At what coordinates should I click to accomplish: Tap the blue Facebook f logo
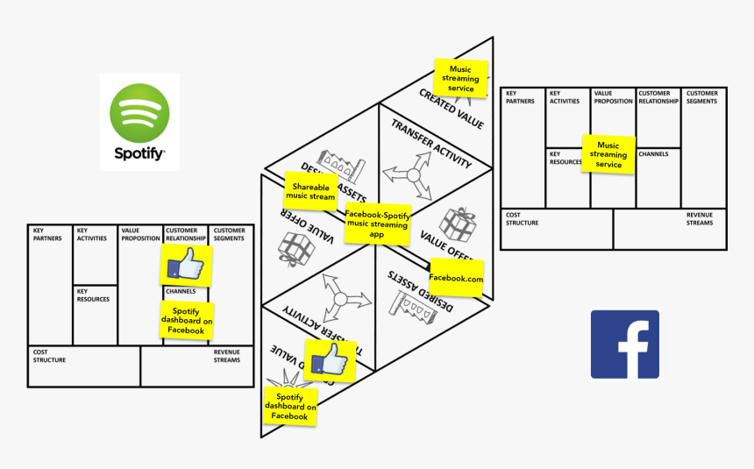[x=624, y=345]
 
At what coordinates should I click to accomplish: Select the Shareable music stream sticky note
[x=312, y=192]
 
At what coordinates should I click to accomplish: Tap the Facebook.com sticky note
[x=456, y=278]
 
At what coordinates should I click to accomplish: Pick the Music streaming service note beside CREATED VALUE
[x=460, y=78]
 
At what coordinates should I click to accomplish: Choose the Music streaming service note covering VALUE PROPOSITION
[x=608, y=154]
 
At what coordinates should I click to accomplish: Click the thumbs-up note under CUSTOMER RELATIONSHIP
[x=185, y=264]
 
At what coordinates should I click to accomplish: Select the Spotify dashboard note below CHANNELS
[x=186, y=321]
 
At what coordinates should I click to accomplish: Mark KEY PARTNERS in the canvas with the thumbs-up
[x=49, y=235]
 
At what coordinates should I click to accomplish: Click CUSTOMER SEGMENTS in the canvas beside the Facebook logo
[x=701, y=97]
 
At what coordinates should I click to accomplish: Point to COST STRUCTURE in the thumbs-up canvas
[x=49, y=356]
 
